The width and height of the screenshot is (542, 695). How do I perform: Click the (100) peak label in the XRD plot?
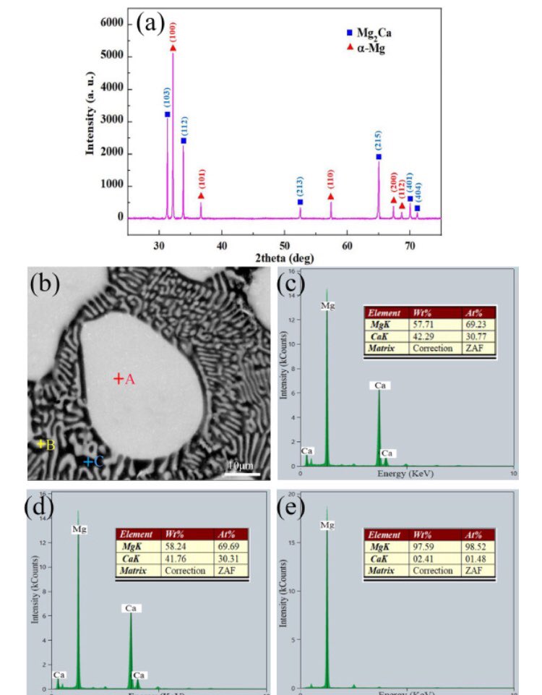pyautogui.click(x=173, y=33)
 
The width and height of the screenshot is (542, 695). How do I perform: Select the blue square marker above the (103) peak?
pyautogui.click(x=168, y=114)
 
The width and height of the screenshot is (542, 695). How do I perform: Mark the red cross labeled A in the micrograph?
pyautogui.click(x=118, y=378)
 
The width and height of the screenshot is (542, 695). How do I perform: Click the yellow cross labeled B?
pyautogui.click(x=41, y=444)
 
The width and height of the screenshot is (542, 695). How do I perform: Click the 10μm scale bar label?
pyautogui.click(x=241, y=464)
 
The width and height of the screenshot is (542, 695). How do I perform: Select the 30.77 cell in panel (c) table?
pyautogui.click(x=478, y=336)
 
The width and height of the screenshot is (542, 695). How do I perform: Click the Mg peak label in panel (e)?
pyautogui.click(x=327, y=524)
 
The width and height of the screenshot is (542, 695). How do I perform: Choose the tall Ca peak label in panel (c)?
pyautogui.click(x=379, y=385)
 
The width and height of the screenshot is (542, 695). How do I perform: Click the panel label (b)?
pyautogui.click(x=45, y=283)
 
